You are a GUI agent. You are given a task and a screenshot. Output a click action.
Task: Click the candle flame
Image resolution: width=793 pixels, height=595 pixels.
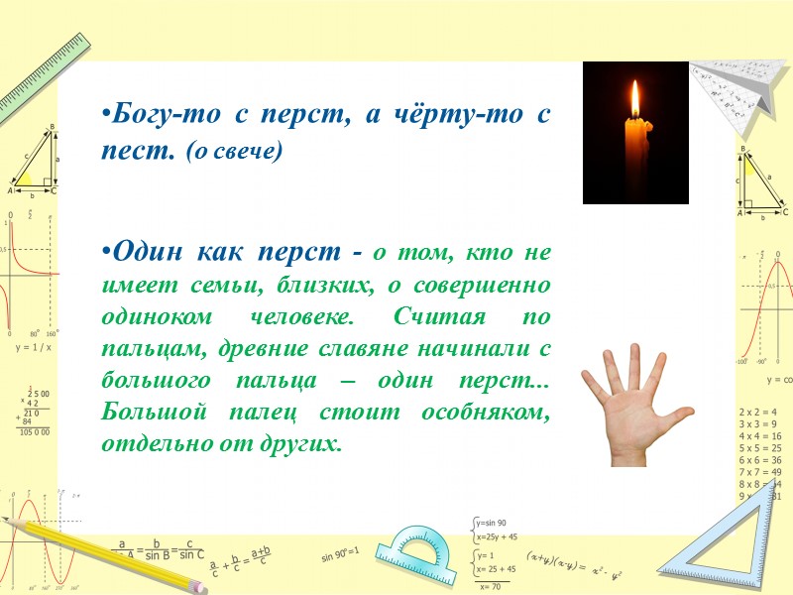(x=634, y=99)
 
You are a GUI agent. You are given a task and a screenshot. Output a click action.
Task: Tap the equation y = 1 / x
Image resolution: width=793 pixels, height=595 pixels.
(x=33, y=348)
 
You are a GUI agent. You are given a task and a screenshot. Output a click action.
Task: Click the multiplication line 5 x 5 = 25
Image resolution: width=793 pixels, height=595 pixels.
(x=760, y=448)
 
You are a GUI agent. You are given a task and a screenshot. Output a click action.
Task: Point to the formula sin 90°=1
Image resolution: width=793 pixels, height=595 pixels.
(x=339, y=550)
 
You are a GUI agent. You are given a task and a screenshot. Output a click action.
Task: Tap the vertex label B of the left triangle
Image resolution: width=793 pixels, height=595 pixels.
(x=52, y=127)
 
